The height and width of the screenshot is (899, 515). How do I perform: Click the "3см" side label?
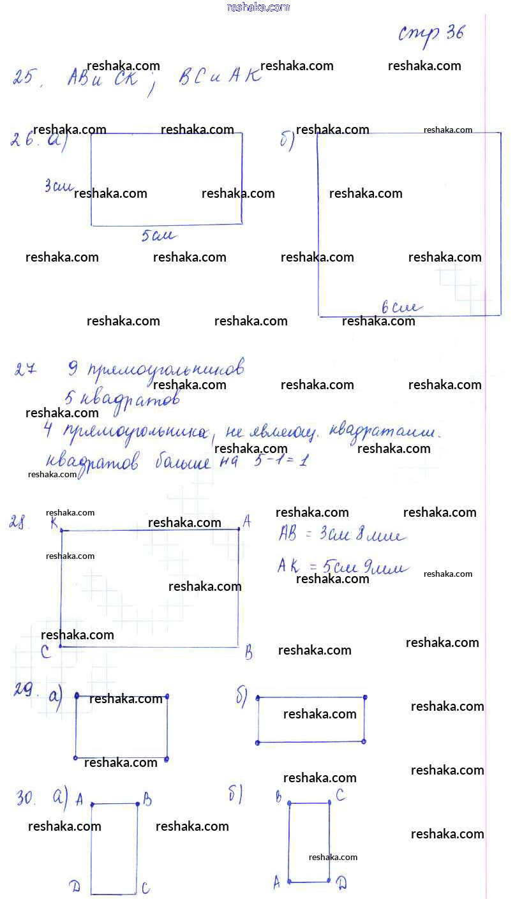point(57,186)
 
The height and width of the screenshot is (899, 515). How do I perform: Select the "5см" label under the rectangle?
point(158,236)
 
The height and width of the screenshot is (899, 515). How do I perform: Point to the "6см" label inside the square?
point(400,308)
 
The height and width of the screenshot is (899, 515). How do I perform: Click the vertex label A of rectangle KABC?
point(247,522)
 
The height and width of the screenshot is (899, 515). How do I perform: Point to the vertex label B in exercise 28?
point(248,653)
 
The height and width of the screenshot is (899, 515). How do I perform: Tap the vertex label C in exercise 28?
point(45,651)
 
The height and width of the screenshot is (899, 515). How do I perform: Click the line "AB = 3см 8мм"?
point(341,535)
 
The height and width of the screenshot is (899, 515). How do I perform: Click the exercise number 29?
point(26,690)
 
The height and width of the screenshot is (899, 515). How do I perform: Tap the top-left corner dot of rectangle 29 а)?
point(77,695)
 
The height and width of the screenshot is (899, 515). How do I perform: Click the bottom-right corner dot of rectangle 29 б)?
point(364,741)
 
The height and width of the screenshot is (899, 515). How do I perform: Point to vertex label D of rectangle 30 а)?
point(75,885)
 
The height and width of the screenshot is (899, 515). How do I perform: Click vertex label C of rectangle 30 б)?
point(341,795)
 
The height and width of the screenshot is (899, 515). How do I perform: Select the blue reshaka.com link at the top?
point(258,7)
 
